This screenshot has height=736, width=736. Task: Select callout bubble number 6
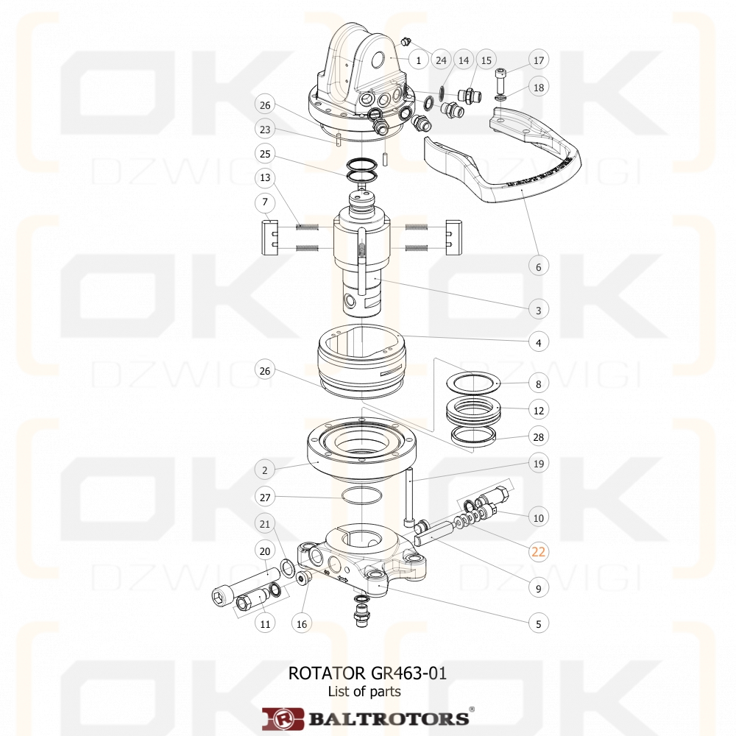[538, 266]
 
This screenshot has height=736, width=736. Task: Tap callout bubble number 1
[418, 60]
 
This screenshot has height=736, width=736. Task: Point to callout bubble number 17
[538, 60]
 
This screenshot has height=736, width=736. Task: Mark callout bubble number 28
[538, 437]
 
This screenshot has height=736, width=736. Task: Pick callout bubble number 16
[300, 623]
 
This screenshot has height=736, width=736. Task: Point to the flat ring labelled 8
[473, 382]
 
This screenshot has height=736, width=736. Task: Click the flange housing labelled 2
[361, 449]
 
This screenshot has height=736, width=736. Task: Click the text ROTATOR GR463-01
[367, 673]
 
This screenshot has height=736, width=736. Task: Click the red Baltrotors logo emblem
[283, 718]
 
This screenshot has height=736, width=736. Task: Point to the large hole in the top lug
[381, 59]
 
